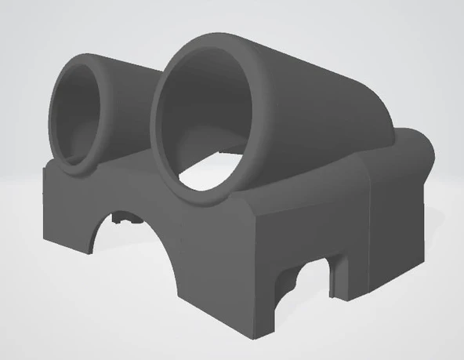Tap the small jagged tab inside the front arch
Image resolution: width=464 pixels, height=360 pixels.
(121, 219)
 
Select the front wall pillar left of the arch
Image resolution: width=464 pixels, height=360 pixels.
(67, 212)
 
